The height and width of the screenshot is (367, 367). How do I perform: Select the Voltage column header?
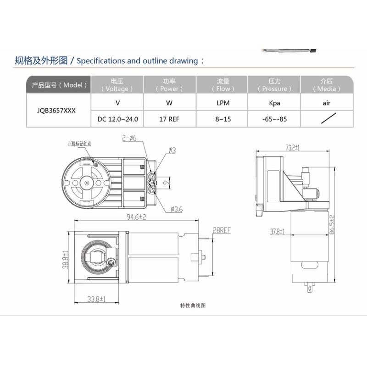click(x=117, y=85)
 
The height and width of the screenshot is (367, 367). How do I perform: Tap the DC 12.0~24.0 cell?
click(x=118, y=119)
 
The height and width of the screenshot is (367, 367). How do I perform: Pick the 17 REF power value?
click(x=169, y=119)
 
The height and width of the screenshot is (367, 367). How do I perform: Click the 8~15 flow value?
click(x=222, y=119)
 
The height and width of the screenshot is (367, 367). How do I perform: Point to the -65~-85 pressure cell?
click(x=274, y=119)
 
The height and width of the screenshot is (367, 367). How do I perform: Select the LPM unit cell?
click(x=222, y=103)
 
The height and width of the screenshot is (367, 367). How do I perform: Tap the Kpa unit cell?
click(x=274, y=103)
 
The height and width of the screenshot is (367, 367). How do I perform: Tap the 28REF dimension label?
click(x=221, y=230)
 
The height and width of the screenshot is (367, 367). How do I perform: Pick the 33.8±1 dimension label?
click(x=97, y=299)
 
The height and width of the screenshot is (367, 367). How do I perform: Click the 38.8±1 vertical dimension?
click(x=65, y=259)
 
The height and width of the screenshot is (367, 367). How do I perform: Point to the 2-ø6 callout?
click(x=129, y=137)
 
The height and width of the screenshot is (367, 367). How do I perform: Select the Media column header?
click(x=327, y=85)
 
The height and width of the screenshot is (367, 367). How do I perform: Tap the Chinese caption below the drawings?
click(x=193, y=305)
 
